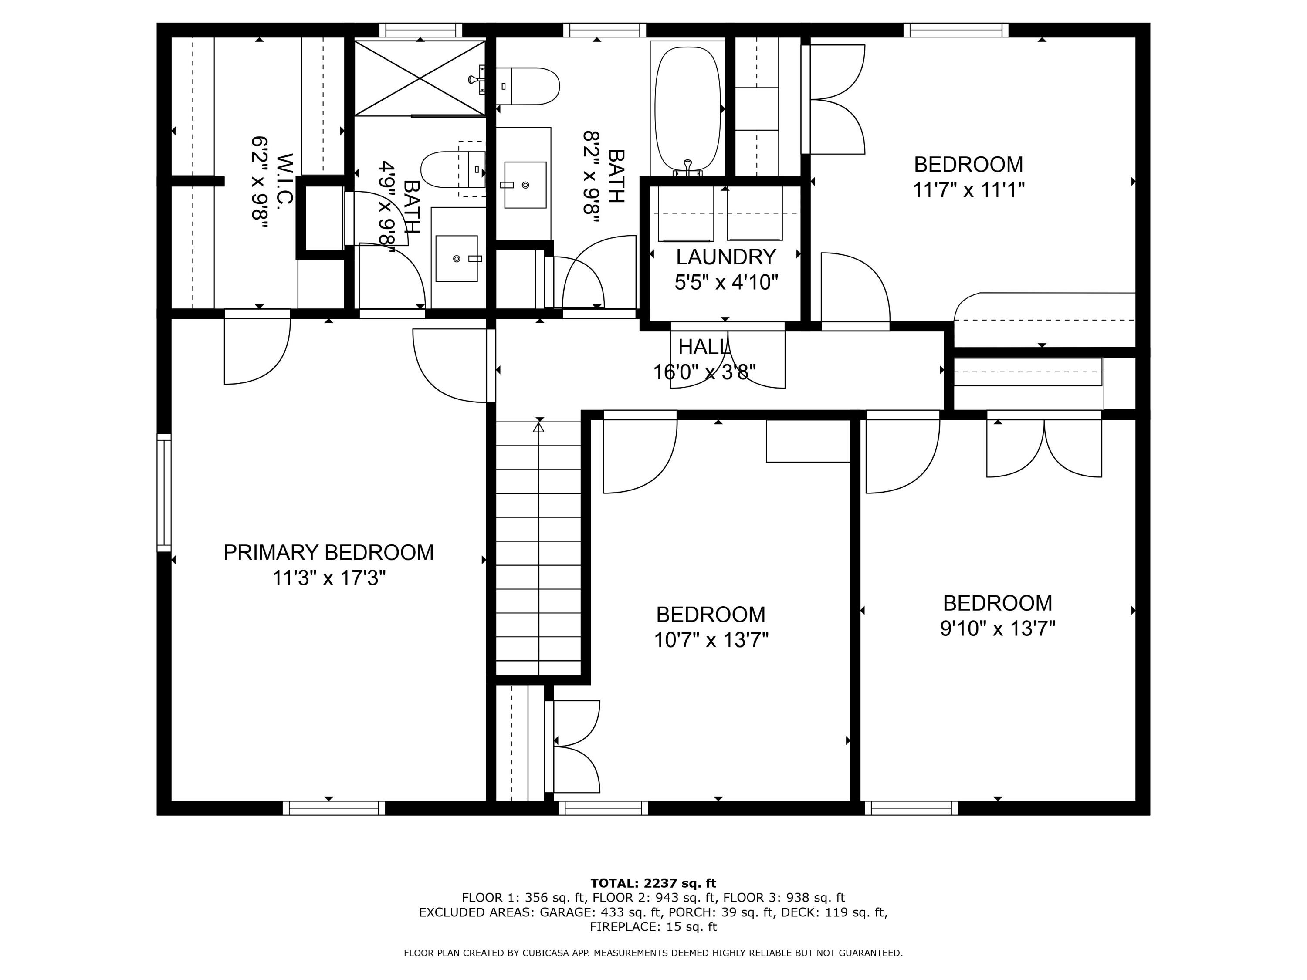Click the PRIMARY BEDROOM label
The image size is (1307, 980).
click(328, 553)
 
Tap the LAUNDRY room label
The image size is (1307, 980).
click(725, 257)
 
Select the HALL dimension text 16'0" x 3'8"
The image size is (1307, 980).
click(704, 372)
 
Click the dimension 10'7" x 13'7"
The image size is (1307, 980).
click(711, 640)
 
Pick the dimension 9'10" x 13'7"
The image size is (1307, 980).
click(997, 629)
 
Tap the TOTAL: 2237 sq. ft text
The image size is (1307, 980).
click(653, 884)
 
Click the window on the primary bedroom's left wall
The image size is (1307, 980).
click(164, 493)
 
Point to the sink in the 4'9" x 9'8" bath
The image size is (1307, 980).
click(456, 259)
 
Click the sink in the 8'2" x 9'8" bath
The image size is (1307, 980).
click(525, 185)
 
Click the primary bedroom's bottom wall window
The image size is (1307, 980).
click(334, 808)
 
